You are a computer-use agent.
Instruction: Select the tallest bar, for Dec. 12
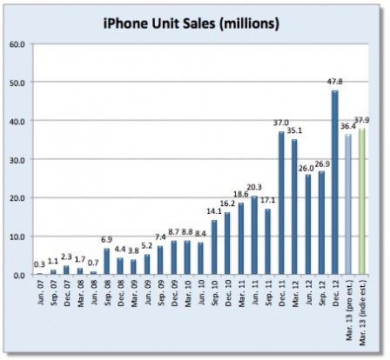click(335, 183)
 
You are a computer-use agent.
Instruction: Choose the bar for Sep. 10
click(214, 248)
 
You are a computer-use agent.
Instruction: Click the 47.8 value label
click(333, 83)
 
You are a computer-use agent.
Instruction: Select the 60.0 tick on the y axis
click(17, 43)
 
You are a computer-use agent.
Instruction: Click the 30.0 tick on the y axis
click(17, 159)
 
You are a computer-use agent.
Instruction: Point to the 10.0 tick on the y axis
click(17, 237)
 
